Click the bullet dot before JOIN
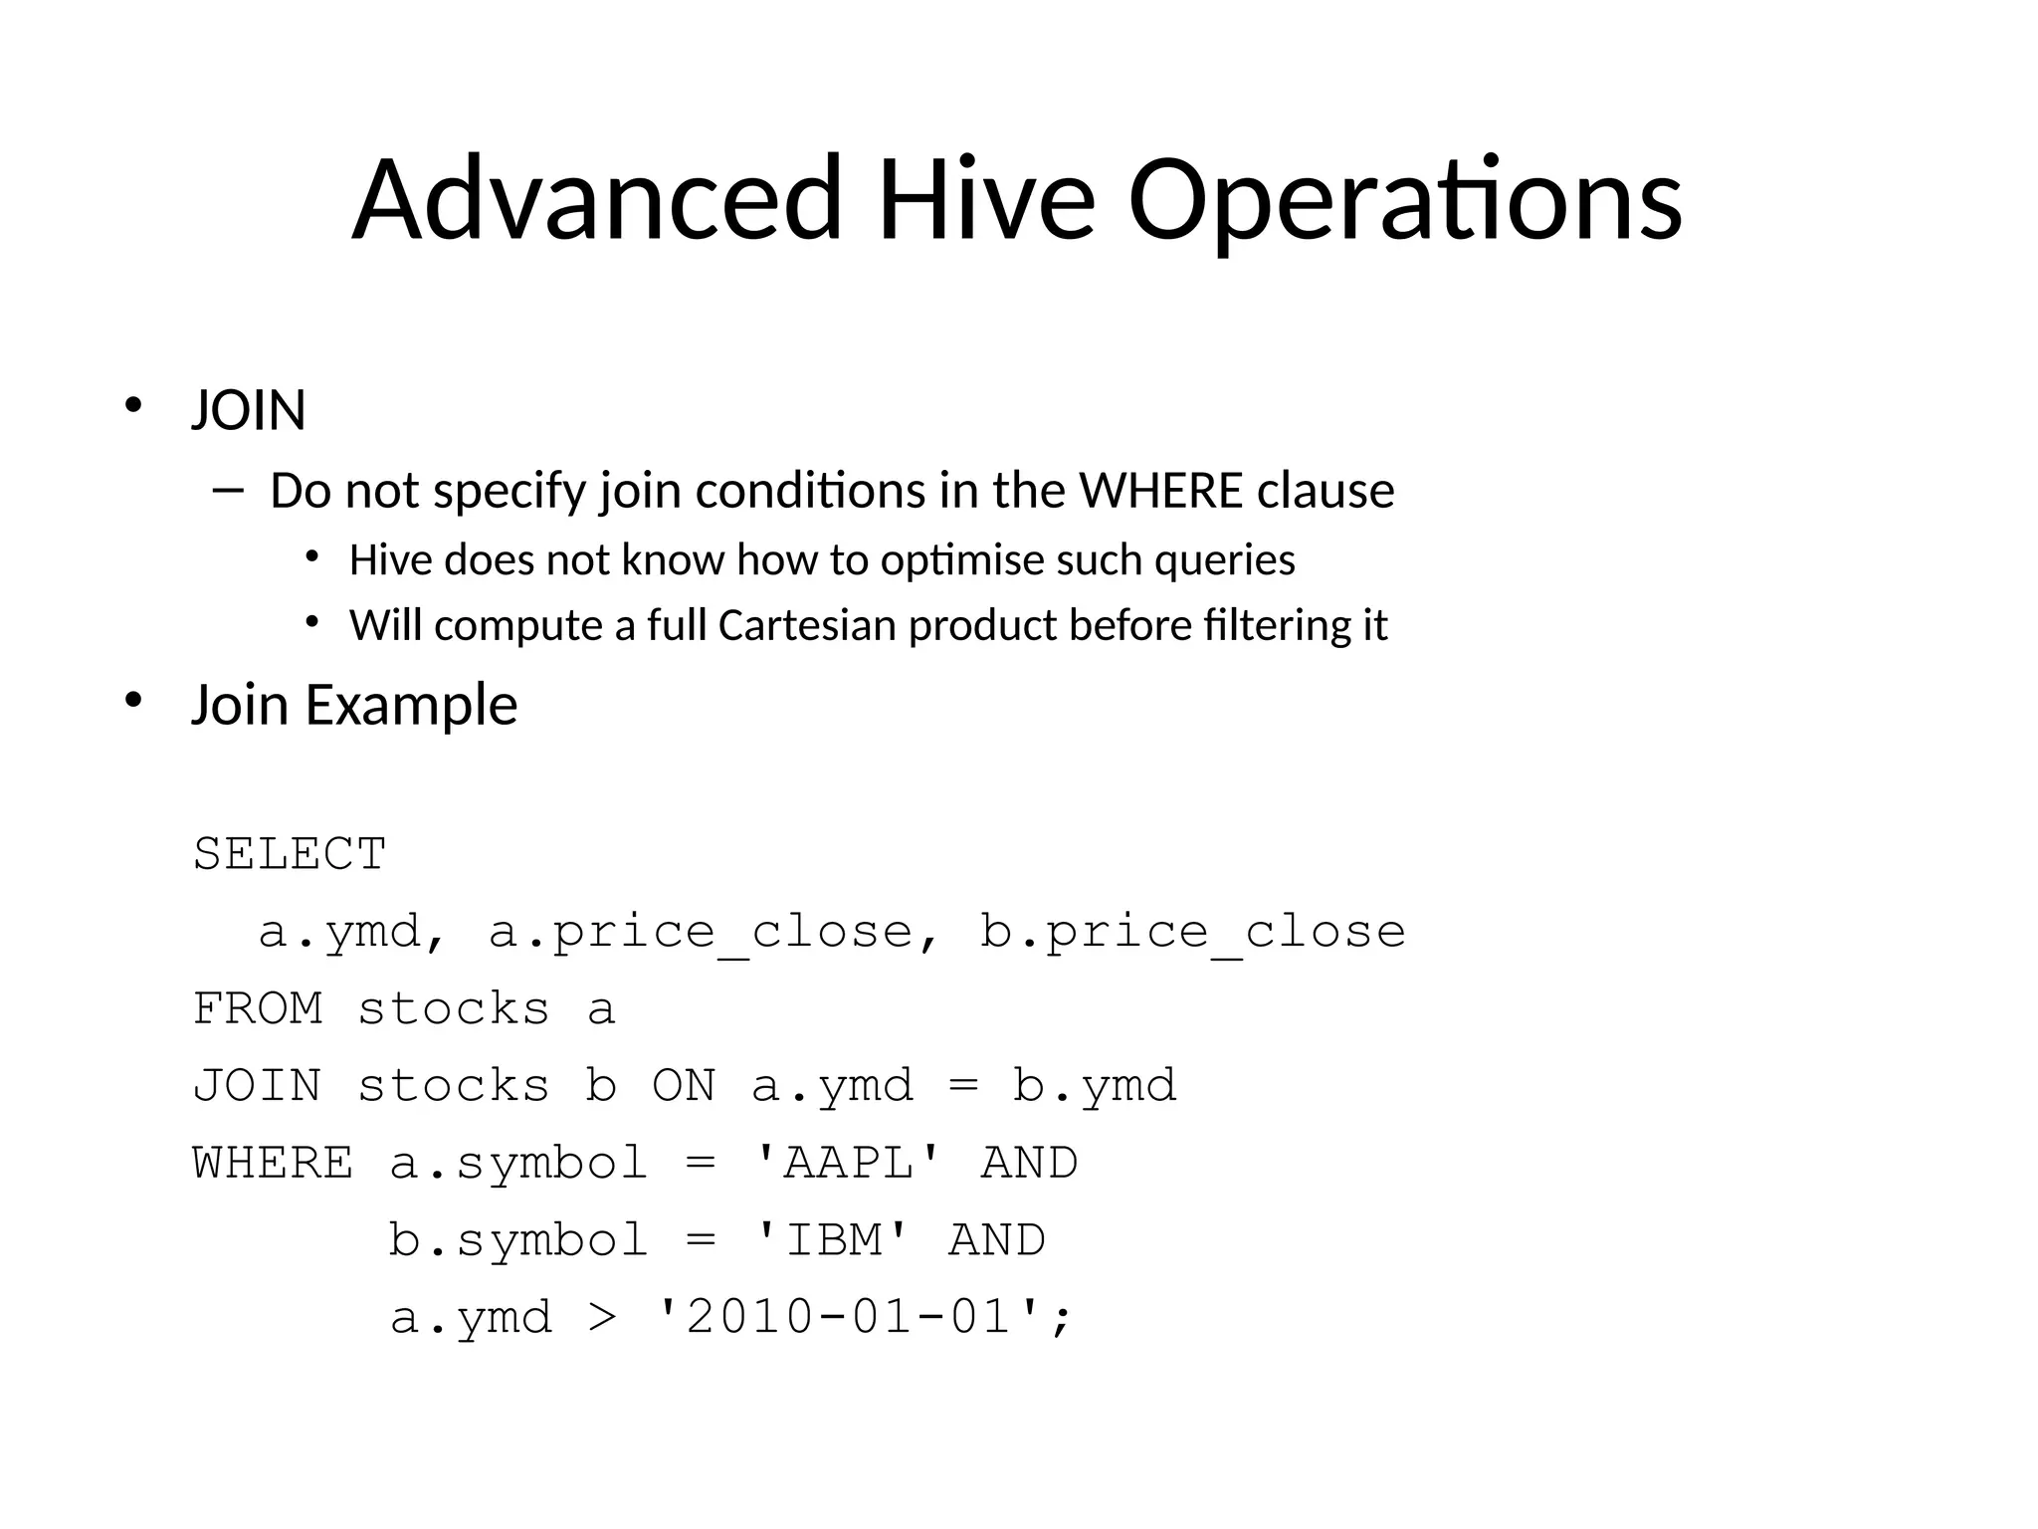pyautogui.click(x=133, y=406)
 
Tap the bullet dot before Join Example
pyautogui.click(x=133, y=701)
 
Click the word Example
pyautogui.click(x=410, y=705)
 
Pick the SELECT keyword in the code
pyautogui.click(x=290, y=854)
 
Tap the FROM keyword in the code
pyautogui.click(x=258, y=1009)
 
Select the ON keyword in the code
pyautogui.click(x=684, y=1086)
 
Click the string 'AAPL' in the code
pyautogui.click(x=848, y=1163)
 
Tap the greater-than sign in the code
pyautogui.click(x=602, y=1317)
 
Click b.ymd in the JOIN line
pyautogui.click(x=1095, y=1086)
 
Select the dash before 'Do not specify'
pyautogui.click(x=228, y=490)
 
